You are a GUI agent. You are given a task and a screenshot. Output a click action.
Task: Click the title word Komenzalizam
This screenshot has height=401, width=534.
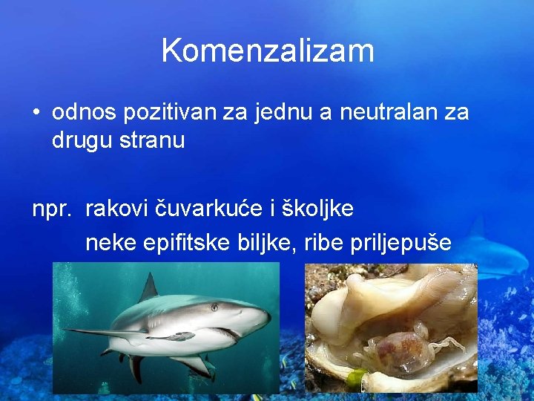(267, 50)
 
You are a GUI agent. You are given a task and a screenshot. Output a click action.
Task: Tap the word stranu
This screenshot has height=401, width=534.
(154, 140)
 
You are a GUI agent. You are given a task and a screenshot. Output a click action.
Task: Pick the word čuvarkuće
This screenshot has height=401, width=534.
(209, 209)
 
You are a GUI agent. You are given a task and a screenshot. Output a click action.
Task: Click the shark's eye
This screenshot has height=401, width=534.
(214, 307)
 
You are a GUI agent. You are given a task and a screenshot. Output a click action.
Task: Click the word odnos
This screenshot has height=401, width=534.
(78, 114)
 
